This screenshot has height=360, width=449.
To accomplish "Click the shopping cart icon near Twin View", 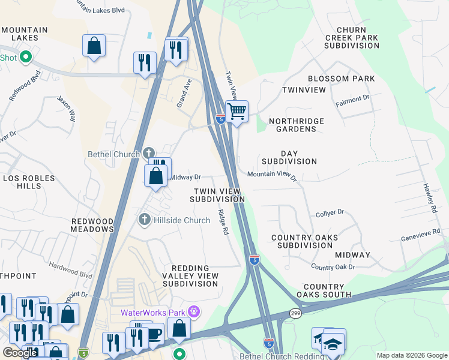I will tap(237, 111).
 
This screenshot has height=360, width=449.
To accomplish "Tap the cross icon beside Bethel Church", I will tap(149, 154).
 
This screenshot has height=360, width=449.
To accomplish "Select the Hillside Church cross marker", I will tap(144, 220).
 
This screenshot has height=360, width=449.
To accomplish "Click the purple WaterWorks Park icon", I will tap(193, 311).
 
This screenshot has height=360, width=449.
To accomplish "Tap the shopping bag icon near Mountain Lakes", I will tap(94, 46).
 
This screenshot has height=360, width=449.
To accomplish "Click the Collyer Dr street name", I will tap(330, 212).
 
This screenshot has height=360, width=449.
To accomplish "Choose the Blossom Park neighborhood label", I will tap(341, 79).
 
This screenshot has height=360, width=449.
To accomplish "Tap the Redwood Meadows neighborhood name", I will tap(92, 225).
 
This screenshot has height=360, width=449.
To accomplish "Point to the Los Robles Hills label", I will tap(22, 182).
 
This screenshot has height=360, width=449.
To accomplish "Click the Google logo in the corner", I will tap(20, 353).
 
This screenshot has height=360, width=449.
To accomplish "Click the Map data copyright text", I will tap(411, 355).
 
